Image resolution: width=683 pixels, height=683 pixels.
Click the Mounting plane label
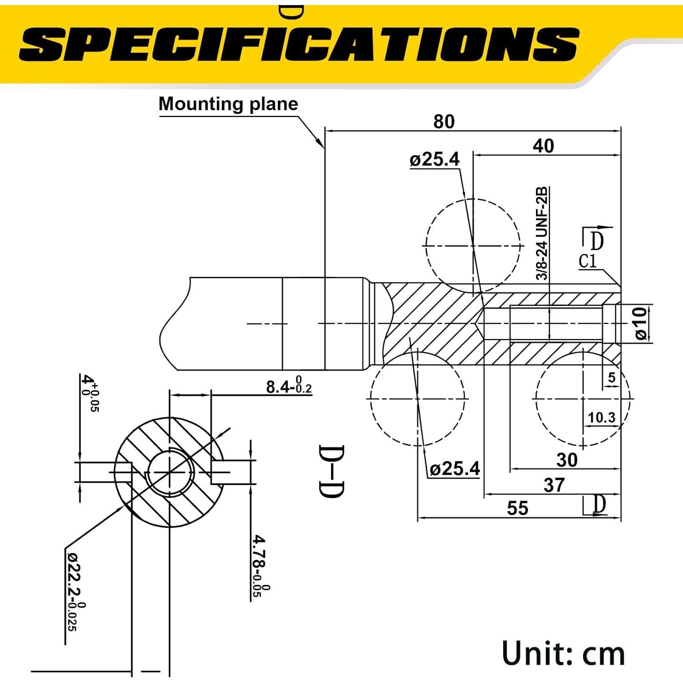point(228,104)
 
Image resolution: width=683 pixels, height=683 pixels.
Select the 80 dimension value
point(443,122)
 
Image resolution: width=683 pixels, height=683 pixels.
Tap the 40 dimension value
point(543,146)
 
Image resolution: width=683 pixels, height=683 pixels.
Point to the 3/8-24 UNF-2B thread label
point(542,233)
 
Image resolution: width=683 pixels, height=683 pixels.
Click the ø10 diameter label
point(641,324)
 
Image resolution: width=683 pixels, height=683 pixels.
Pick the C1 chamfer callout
point(587,262)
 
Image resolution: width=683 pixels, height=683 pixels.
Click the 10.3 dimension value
point(601,418)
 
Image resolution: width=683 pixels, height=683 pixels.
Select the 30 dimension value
point(566,460)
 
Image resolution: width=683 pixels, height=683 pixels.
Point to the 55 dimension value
point(517,508)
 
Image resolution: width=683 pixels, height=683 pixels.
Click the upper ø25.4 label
point(434,160)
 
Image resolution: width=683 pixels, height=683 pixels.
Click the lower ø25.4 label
point(454,469)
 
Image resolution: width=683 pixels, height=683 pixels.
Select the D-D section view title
point(331,471)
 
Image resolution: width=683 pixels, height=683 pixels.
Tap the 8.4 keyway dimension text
point(289,387)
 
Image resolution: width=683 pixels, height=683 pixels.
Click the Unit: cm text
point(563,653)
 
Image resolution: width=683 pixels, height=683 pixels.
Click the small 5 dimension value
point(612,377)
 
